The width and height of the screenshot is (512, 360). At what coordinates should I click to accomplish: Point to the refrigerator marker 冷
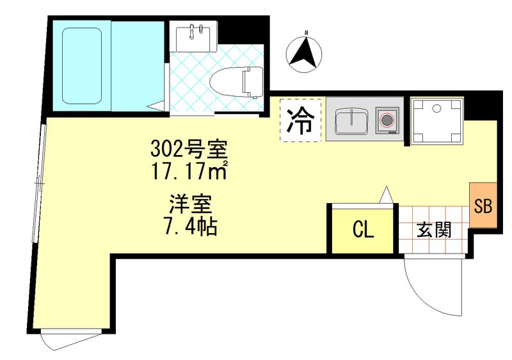coord(300,120)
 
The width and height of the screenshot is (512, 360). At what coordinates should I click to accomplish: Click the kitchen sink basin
coord(349,120)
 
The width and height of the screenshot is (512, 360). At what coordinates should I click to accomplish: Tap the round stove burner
coord(387,119)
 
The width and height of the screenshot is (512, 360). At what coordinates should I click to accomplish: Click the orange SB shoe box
coord(482,205)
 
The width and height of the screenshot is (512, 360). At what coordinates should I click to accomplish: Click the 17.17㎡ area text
coord(189,172)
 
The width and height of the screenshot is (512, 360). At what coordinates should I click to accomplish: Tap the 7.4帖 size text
coord(189,226)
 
